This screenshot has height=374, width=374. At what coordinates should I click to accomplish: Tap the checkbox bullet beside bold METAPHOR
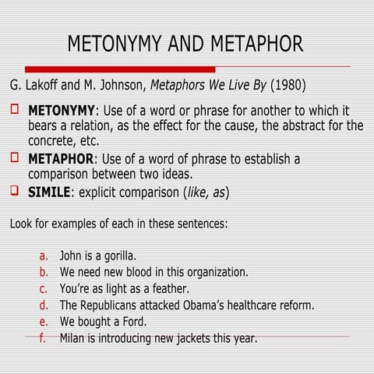point(15,158)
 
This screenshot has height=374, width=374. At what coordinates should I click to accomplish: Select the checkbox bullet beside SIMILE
point(15,191)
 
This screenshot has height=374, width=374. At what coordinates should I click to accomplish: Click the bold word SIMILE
point(49,192)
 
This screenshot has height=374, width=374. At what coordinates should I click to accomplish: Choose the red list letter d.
point(44,305)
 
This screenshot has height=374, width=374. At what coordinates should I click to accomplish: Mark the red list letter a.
point(44,256)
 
